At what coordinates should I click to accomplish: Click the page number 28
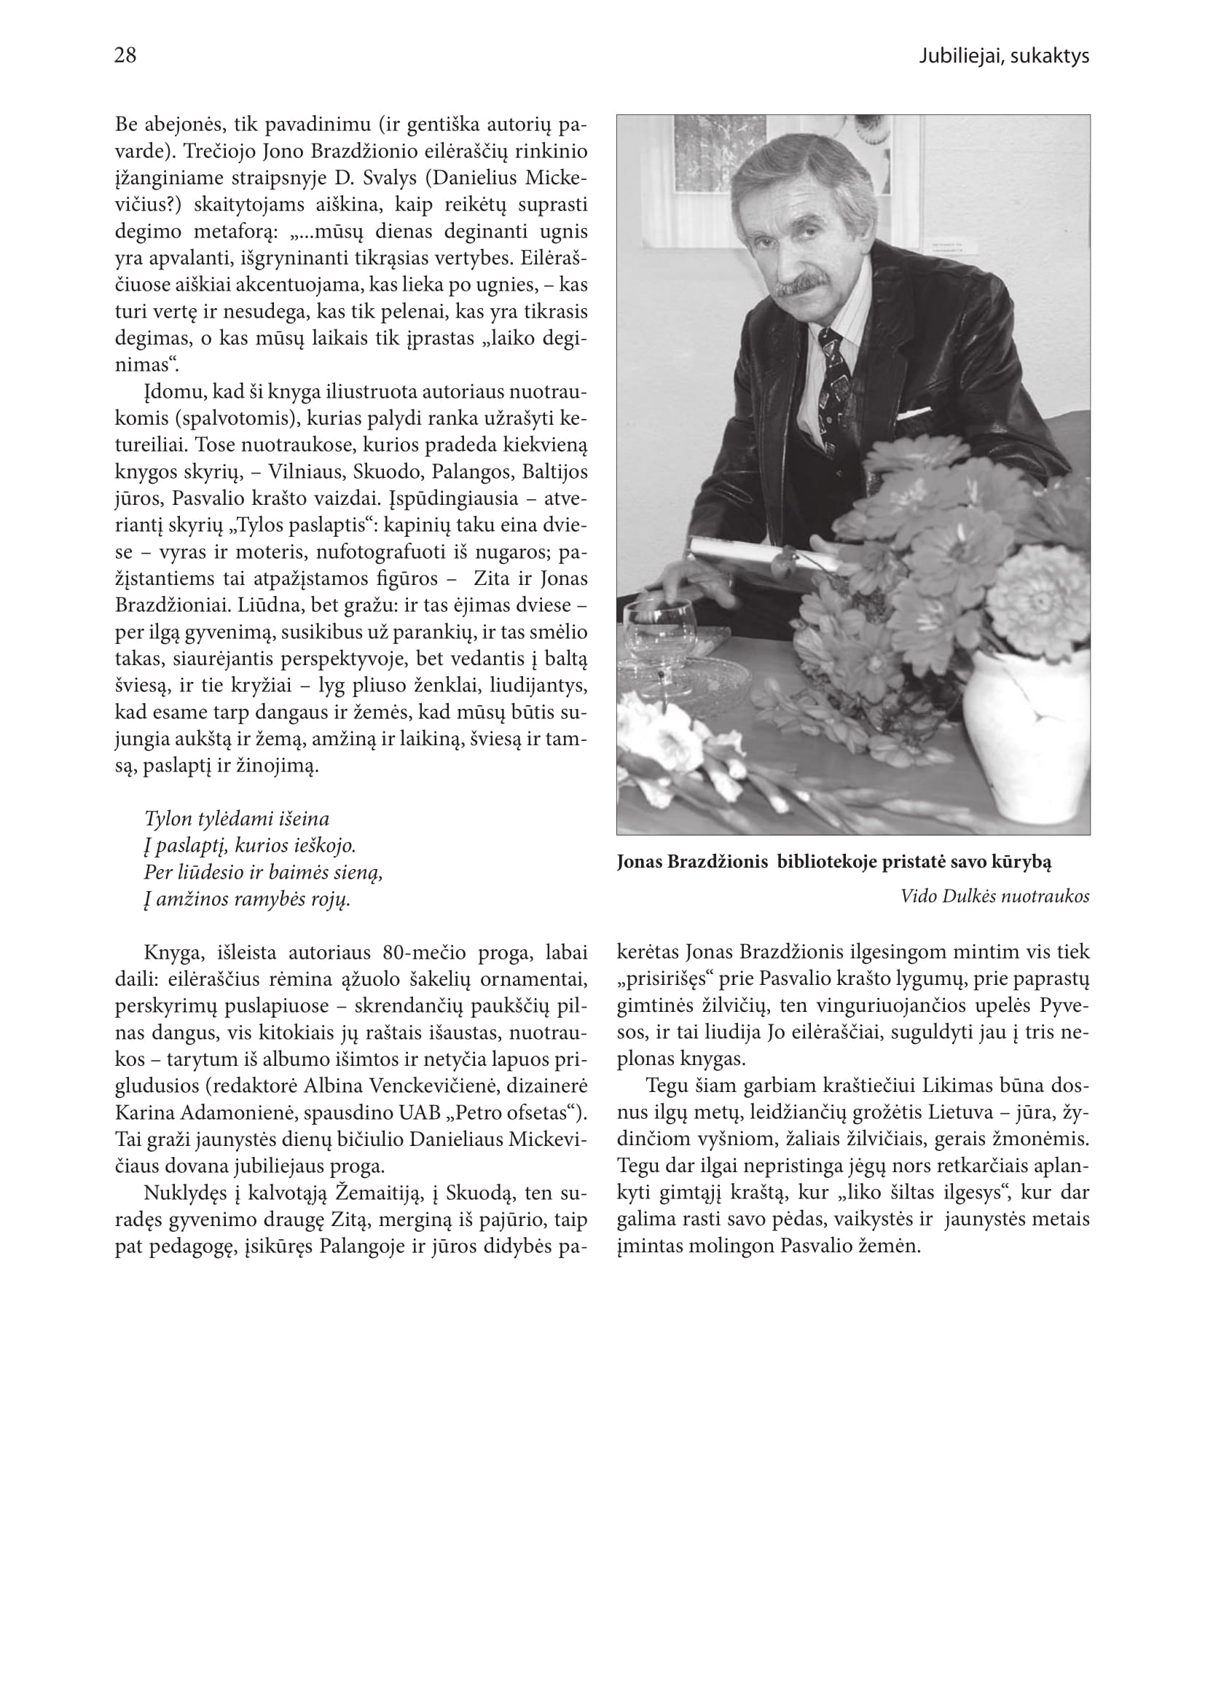[125, 55]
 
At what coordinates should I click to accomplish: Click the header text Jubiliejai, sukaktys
[1003, 56]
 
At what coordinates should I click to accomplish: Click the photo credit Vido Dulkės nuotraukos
[994, 896]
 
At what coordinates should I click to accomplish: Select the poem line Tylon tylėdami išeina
[237, 819]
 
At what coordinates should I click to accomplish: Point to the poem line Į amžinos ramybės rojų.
[246, 899]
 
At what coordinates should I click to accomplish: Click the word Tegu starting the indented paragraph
[668, 1085]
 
